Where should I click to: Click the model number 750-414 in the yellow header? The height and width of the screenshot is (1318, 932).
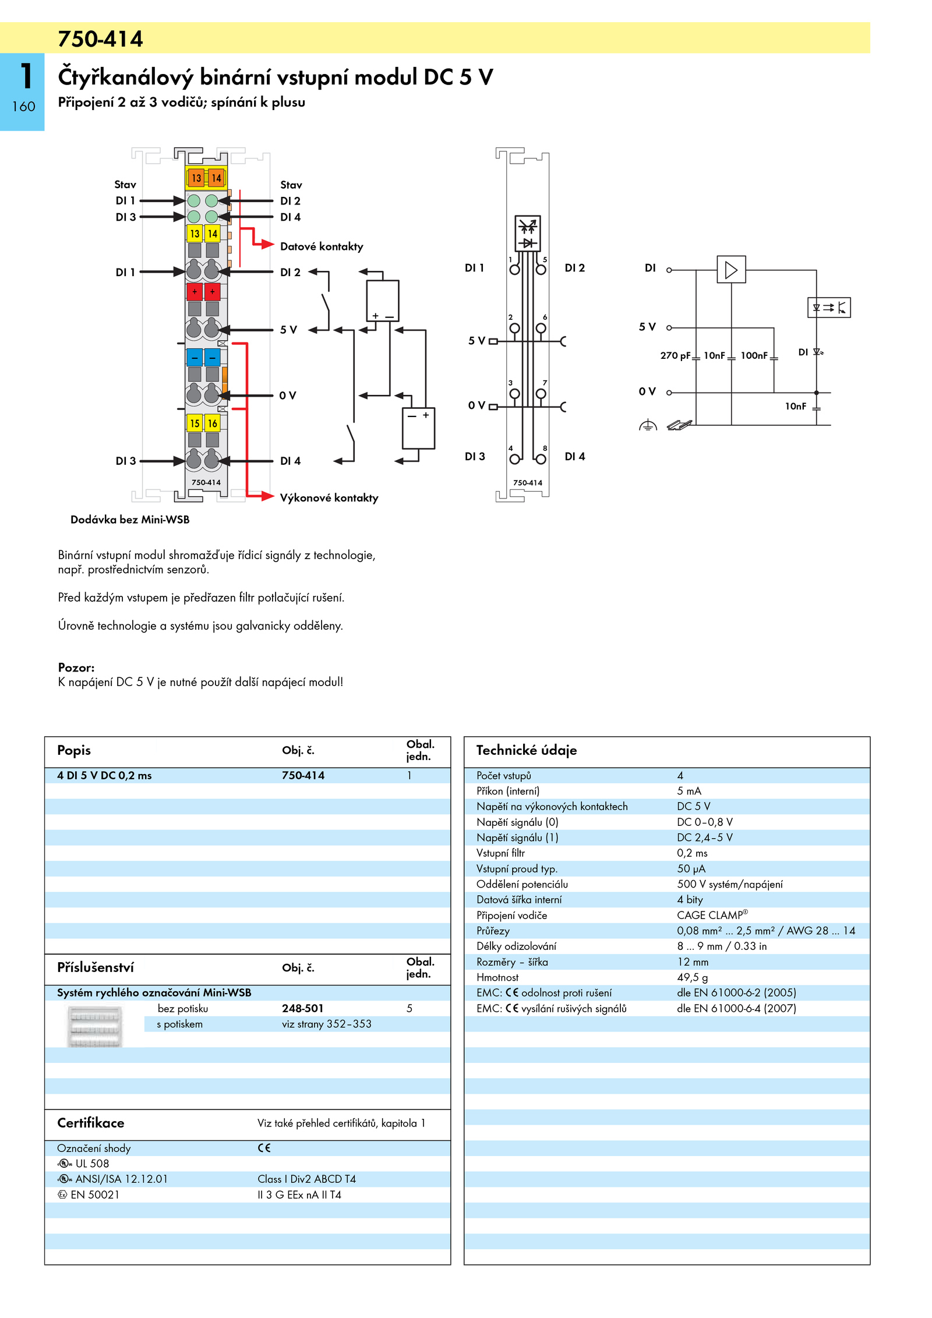[100, 39]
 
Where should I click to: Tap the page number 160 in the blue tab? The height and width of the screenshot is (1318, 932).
[23, 107]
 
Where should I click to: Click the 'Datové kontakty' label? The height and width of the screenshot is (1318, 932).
[322, 246]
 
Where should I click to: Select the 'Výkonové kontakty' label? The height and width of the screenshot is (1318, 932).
[329, 497]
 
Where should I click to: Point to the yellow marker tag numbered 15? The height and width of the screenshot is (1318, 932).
[195, 423]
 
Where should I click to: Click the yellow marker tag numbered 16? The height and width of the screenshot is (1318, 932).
[213, 423]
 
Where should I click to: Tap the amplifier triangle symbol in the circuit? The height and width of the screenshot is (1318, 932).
[731, 270]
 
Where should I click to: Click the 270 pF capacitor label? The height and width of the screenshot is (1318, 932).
[675, 355]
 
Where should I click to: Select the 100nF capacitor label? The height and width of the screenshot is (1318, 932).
[754, 355]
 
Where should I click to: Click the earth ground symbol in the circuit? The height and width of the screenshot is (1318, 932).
[648, 426]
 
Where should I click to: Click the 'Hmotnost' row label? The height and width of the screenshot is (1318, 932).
[497, 977]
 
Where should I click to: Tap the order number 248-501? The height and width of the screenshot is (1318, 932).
[302, 1008]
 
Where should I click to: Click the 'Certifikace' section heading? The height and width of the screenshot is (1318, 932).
[91, 1122]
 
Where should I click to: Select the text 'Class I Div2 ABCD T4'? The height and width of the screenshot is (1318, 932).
[306, 1179]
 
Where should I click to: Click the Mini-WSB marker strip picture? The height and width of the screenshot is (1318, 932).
[95, 1027]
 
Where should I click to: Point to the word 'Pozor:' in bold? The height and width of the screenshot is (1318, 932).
[76, 667]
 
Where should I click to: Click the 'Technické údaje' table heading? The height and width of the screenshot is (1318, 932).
[527, 750]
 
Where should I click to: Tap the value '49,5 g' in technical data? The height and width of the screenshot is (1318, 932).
[693, 977]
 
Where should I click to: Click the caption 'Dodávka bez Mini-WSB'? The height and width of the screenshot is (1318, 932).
[130, 520]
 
